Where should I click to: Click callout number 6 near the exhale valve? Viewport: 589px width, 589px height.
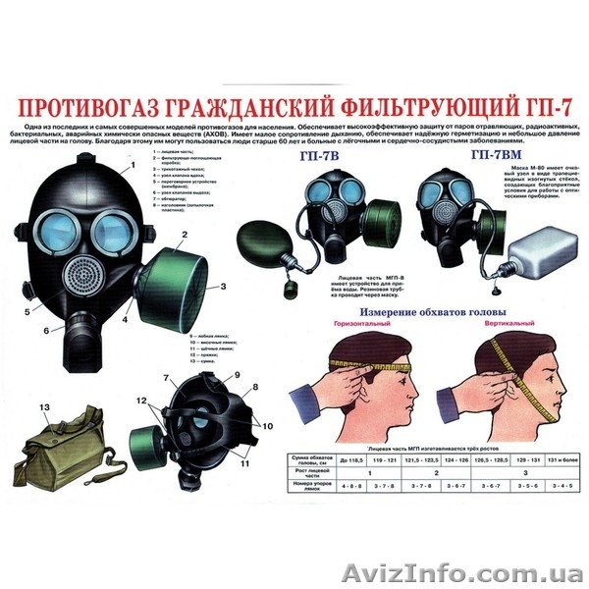(46, 330)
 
